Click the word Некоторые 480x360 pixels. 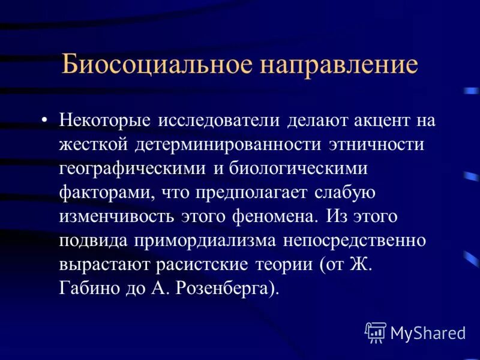104,119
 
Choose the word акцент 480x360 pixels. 375,119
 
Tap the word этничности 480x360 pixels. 376,145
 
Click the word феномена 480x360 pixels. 271,216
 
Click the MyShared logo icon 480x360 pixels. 376,332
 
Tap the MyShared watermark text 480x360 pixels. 427,332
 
